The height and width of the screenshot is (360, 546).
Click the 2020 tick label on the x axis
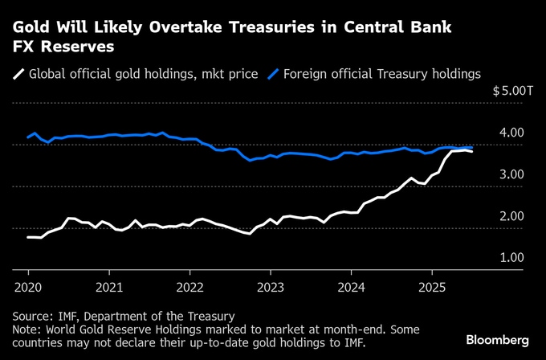click(27, 287)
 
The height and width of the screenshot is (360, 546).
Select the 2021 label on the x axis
click(109, 287)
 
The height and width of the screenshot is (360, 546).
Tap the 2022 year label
click(190, 287)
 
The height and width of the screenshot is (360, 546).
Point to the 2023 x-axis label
click(271, 287)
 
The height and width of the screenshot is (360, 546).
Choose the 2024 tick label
click(352, 287)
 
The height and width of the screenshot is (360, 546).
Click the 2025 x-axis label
click(433, 287)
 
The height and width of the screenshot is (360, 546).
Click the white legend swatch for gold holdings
click(18, 74)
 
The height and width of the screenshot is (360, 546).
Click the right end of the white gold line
click(471, 151)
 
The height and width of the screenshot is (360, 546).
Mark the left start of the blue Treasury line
click(28, 137)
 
